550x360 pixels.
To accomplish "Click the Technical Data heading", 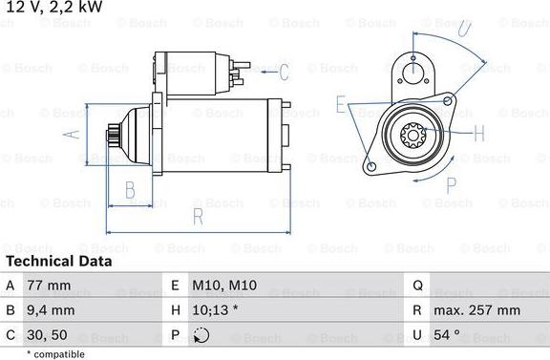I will [58, 261].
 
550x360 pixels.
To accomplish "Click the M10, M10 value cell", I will [224, 286].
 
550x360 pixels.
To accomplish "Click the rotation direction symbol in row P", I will [201, 335].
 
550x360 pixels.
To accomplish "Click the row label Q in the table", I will [418, 286].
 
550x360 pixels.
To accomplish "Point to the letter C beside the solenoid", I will [283, 71].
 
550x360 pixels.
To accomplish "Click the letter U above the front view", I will [464, 30].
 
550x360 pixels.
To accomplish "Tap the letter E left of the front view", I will [341, 103].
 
